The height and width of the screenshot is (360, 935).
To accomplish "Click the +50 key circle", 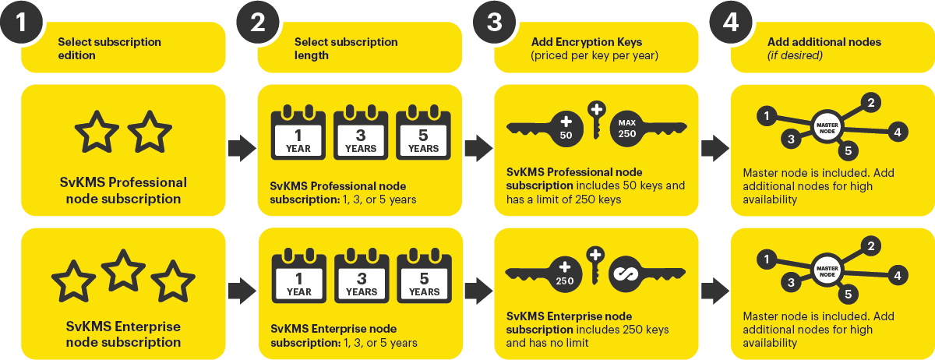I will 566,128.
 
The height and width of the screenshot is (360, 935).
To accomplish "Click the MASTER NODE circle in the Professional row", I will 826,126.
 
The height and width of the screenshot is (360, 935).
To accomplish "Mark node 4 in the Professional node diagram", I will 897,132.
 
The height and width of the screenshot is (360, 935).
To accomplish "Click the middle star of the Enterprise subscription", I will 123,269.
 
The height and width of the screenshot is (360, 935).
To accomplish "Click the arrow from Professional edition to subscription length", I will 242,146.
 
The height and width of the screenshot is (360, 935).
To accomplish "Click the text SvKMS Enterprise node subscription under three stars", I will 123,334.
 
